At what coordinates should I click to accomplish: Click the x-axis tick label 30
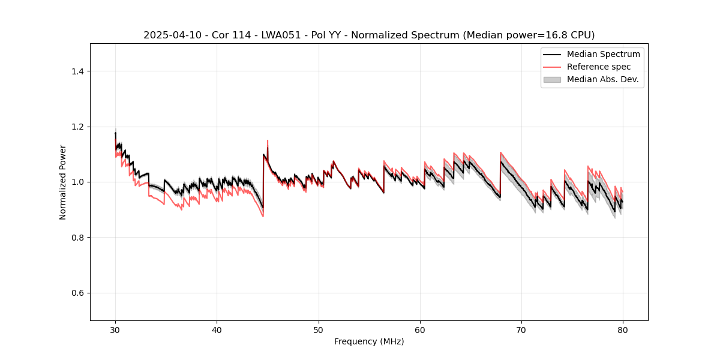click(115, 330)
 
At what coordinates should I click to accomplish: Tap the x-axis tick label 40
click(217, 330)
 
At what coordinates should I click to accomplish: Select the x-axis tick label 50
click(319, 330)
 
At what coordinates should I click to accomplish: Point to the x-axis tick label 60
click(420, 330)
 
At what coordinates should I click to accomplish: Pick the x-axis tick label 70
click(521, 330)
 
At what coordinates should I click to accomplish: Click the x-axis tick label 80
click(623, 330)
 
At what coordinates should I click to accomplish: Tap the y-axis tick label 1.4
click(77, 71)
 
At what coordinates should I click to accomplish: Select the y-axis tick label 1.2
click(77, 127)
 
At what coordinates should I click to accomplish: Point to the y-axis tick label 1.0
click(77, 182)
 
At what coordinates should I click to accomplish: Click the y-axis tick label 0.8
click(77, 238)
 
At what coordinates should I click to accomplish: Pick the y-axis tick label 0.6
click(77, 293)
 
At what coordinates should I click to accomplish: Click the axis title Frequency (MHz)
click(369, 341)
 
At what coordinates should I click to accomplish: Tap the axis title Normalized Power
click(63, 182)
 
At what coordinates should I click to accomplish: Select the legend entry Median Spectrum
click(603, 54)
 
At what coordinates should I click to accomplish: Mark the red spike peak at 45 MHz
click(268, 140)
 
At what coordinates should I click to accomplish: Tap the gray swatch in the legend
click(551, 79)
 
